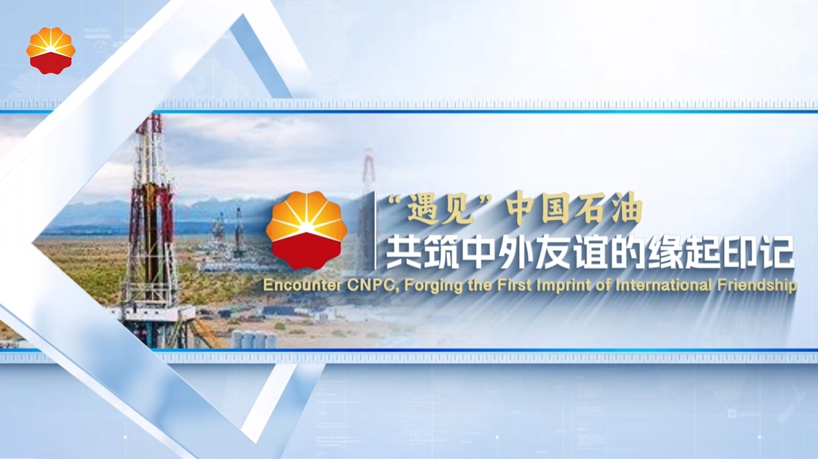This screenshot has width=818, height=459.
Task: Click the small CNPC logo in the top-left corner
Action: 51,51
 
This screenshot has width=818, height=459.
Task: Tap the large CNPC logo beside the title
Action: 307,230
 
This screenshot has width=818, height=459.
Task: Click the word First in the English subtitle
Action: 514,285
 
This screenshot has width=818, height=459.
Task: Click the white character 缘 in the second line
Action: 665,252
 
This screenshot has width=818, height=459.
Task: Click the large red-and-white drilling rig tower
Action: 151,226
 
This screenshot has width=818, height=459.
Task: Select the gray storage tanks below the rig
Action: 254,339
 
